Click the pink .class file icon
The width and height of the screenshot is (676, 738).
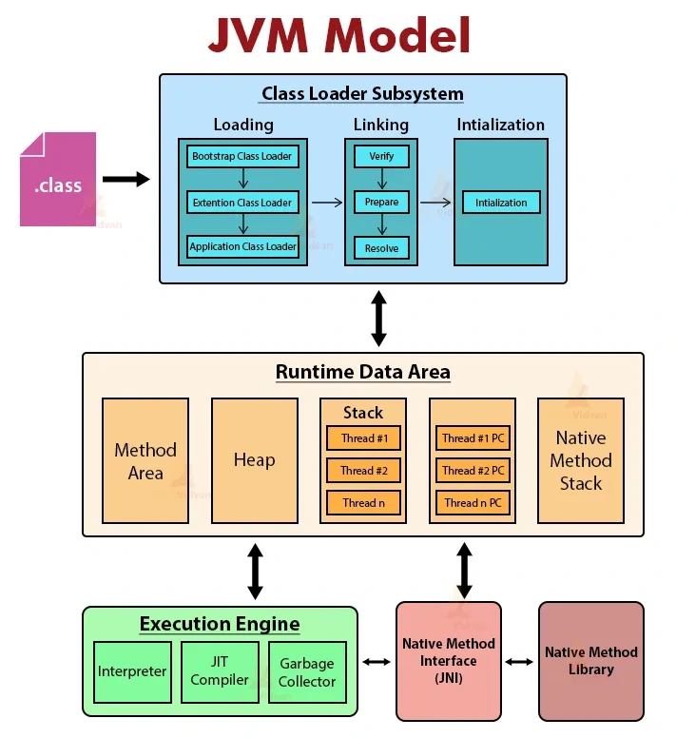[58, 180]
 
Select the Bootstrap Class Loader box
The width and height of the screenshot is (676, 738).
[242, 156]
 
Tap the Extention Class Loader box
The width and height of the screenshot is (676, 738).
[242, 202]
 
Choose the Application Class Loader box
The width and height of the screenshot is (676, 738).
[242, 247]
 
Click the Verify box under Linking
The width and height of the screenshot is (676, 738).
[381, 156]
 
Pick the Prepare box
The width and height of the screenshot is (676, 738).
[381, 202]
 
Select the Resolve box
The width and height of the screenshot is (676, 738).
[381, 248]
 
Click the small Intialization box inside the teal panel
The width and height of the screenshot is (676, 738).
[501, 203]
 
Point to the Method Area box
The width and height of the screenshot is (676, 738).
[145, 460]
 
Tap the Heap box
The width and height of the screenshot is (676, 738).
[254, 460]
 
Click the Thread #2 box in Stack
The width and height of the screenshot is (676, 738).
[363, 471]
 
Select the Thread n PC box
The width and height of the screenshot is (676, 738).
[473, 503]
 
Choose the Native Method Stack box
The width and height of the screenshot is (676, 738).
[581, 460]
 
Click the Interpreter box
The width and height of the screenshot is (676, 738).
[132, 671]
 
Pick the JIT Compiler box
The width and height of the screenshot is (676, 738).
[220, 671]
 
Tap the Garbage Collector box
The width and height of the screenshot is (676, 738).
[307, 671]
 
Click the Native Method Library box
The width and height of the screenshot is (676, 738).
[590, 661]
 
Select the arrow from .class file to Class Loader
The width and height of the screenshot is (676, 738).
[126, 179]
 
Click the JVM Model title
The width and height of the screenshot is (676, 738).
[339, 36]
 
